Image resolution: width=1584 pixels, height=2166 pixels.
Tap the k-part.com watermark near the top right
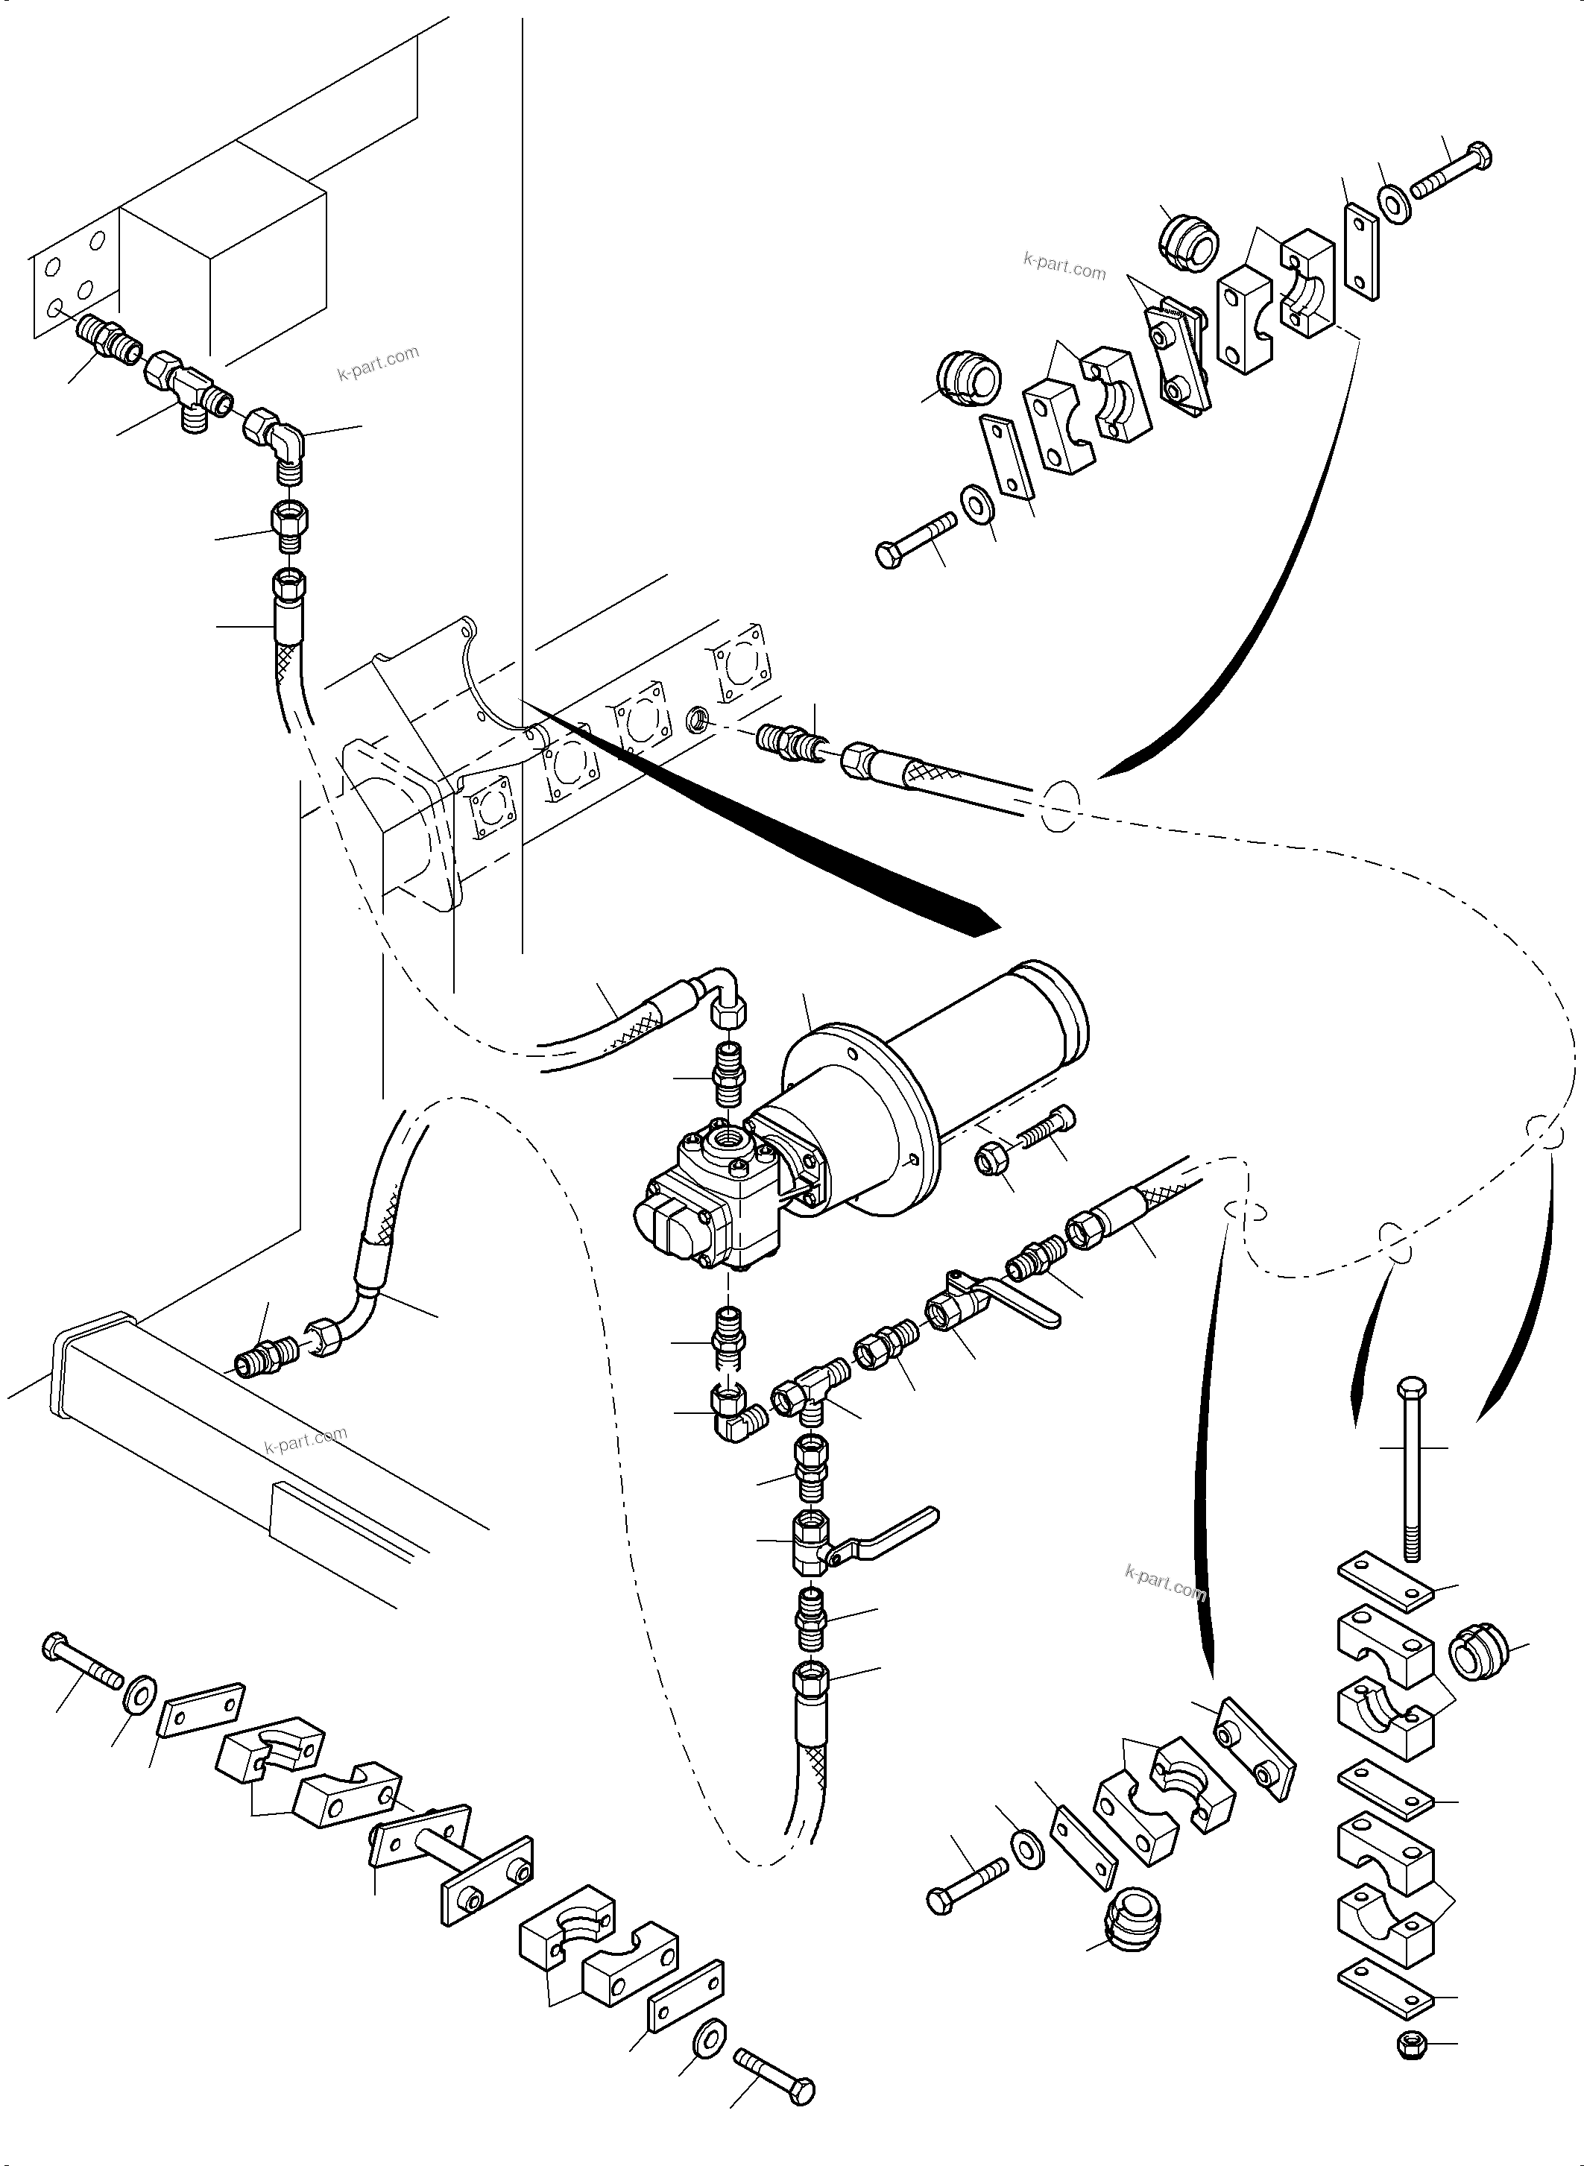(1064, 265)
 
